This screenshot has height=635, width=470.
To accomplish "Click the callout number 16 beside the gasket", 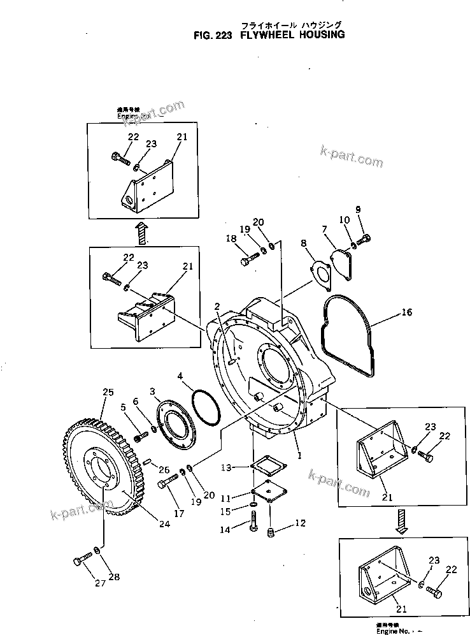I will (x=407, y=312).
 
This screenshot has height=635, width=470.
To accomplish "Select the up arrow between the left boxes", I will (x=143, y=233).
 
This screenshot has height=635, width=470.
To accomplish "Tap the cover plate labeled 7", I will (x=346, y=263).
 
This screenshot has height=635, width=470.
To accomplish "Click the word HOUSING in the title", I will (x=318, y=36).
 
